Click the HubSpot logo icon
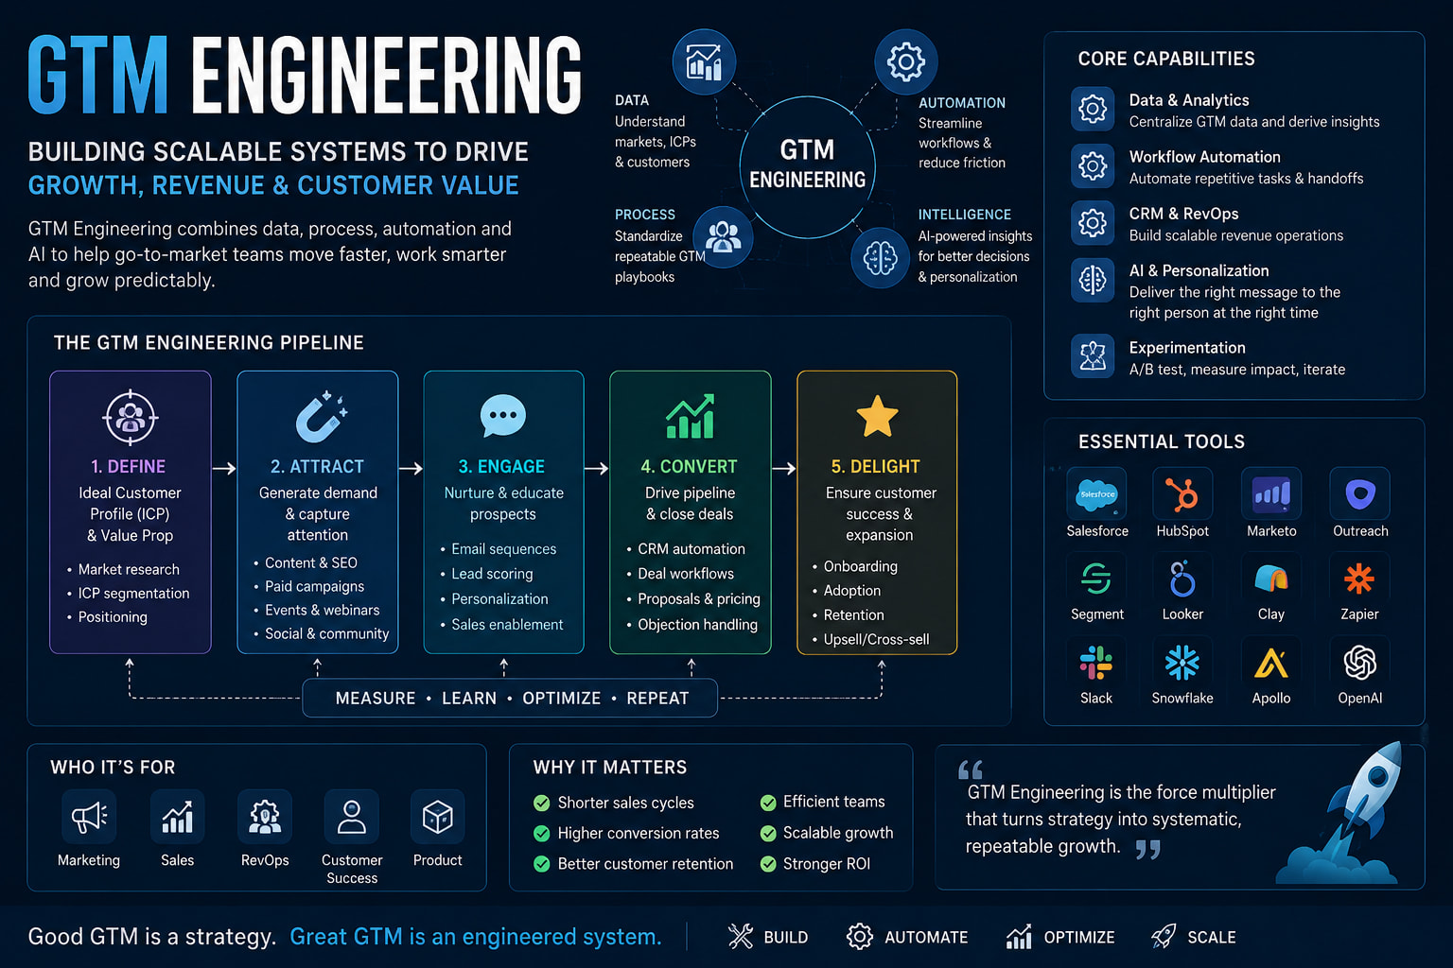coord(1182,494)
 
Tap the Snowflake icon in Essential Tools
coord(1182,663)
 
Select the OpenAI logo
coord(1359,663)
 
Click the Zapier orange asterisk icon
coord(1359,579)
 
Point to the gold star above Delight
coord(877,416)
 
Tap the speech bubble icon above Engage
coord(502,416)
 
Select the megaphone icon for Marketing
coord(89,817)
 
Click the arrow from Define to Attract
coord(224,468)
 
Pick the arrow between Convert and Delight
coord(783,468)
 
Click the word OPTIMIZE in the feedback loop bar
coord(562,699)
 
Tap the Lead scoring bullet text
coord(492,574)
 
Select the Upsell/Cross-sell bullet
coord(876,639)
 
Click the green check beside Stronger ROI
coord(768,864)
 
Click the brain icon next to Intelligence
coord(881,257)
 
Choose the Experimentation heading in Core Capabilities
coord(1187,348)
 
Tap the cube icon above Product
coord(437,817)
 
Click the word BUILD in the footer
coord(785,937)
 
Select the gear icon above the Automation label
coord(905,61)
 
